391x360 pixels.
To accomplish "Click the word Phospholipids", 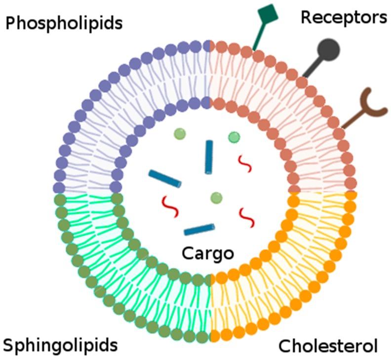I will pyautogui.click(x=64, y=23).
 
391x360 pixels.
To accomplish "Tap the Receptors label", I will pyautogui.click(x=344, y=17).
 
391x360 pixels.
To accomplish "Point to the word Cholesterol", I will pyautogui.click(x=328, y=345).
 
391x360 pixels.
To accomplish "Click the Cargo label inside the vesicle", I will pyautogui.click(x=207, y=253).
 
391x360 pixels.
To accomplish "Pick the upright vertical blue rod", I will pyautogui.click(x=209, y=157).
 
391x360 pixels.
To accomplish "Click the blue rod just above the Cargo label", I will pyautogui.click(x=199, y=229).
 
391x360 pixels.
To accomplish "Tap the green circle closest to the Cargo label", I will pyautogui.click(x=216, y=199).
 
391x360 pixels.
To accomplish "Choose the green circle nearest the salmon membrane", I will pyautogui.click(x=234, y=137).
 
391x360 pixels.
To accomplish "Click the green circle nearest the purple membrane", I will pyautogui.click(x=180, y=134).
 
